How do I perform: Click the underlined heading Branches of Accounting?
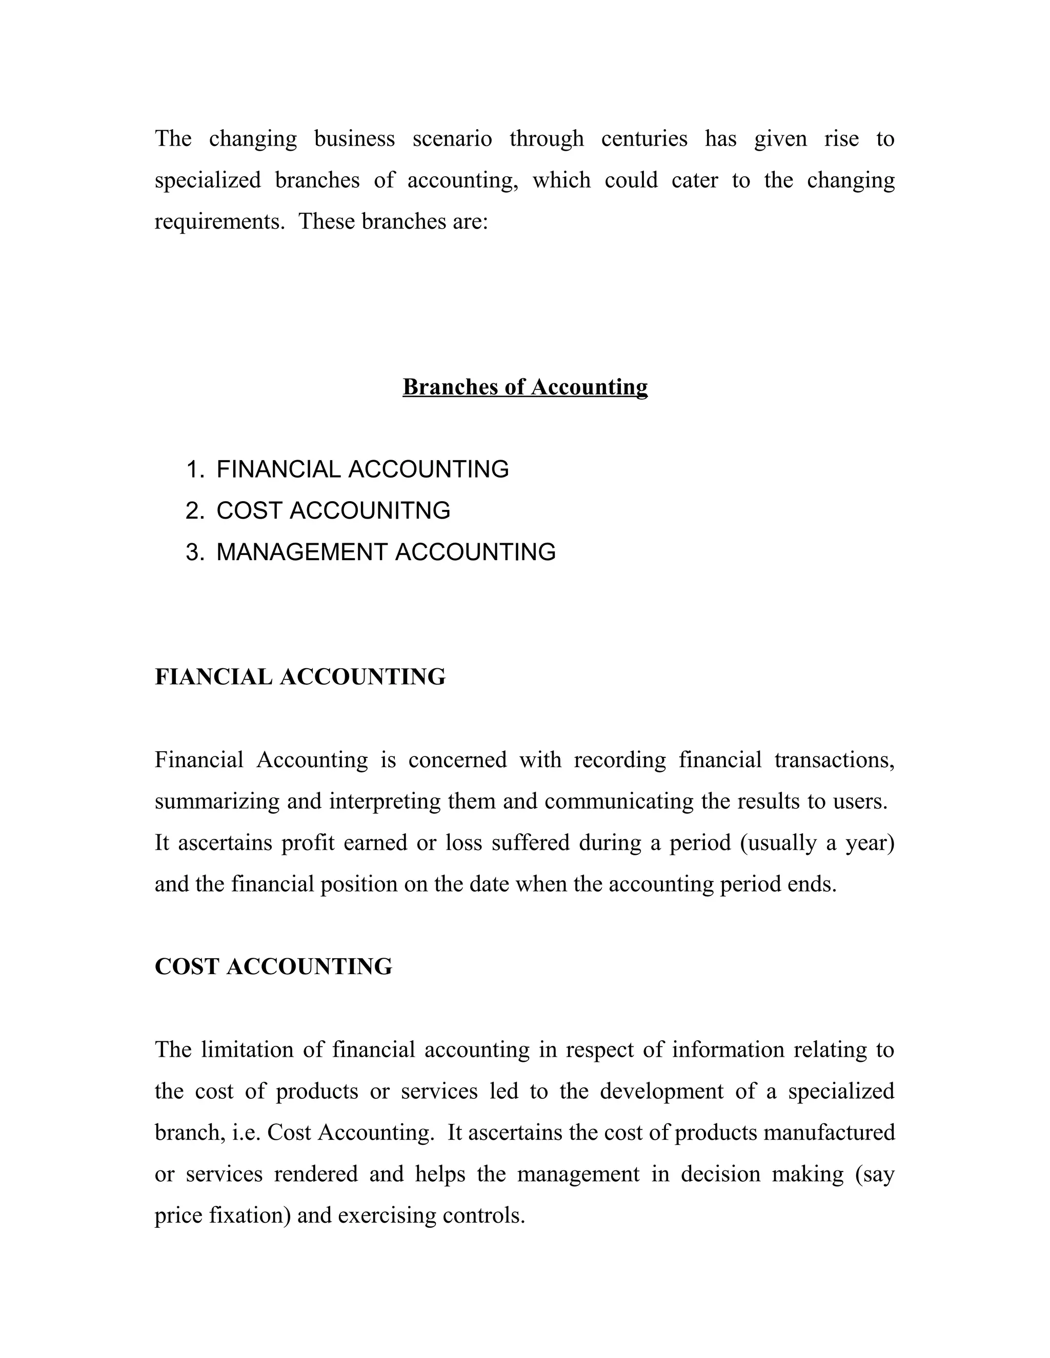tap(525, 387)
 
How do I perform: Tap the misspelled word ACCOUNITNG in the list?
tap(370, 510)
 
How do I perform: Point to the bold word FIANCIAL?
tap(213, 676)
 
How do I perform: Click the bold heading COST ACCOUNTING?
tap(274, 966)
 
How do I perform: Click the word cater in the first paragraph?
tap(694, 180)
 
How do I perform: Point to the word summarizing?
tap(217, 801)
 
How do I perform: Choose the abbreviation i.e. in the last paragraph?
tap(246, 1133)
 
